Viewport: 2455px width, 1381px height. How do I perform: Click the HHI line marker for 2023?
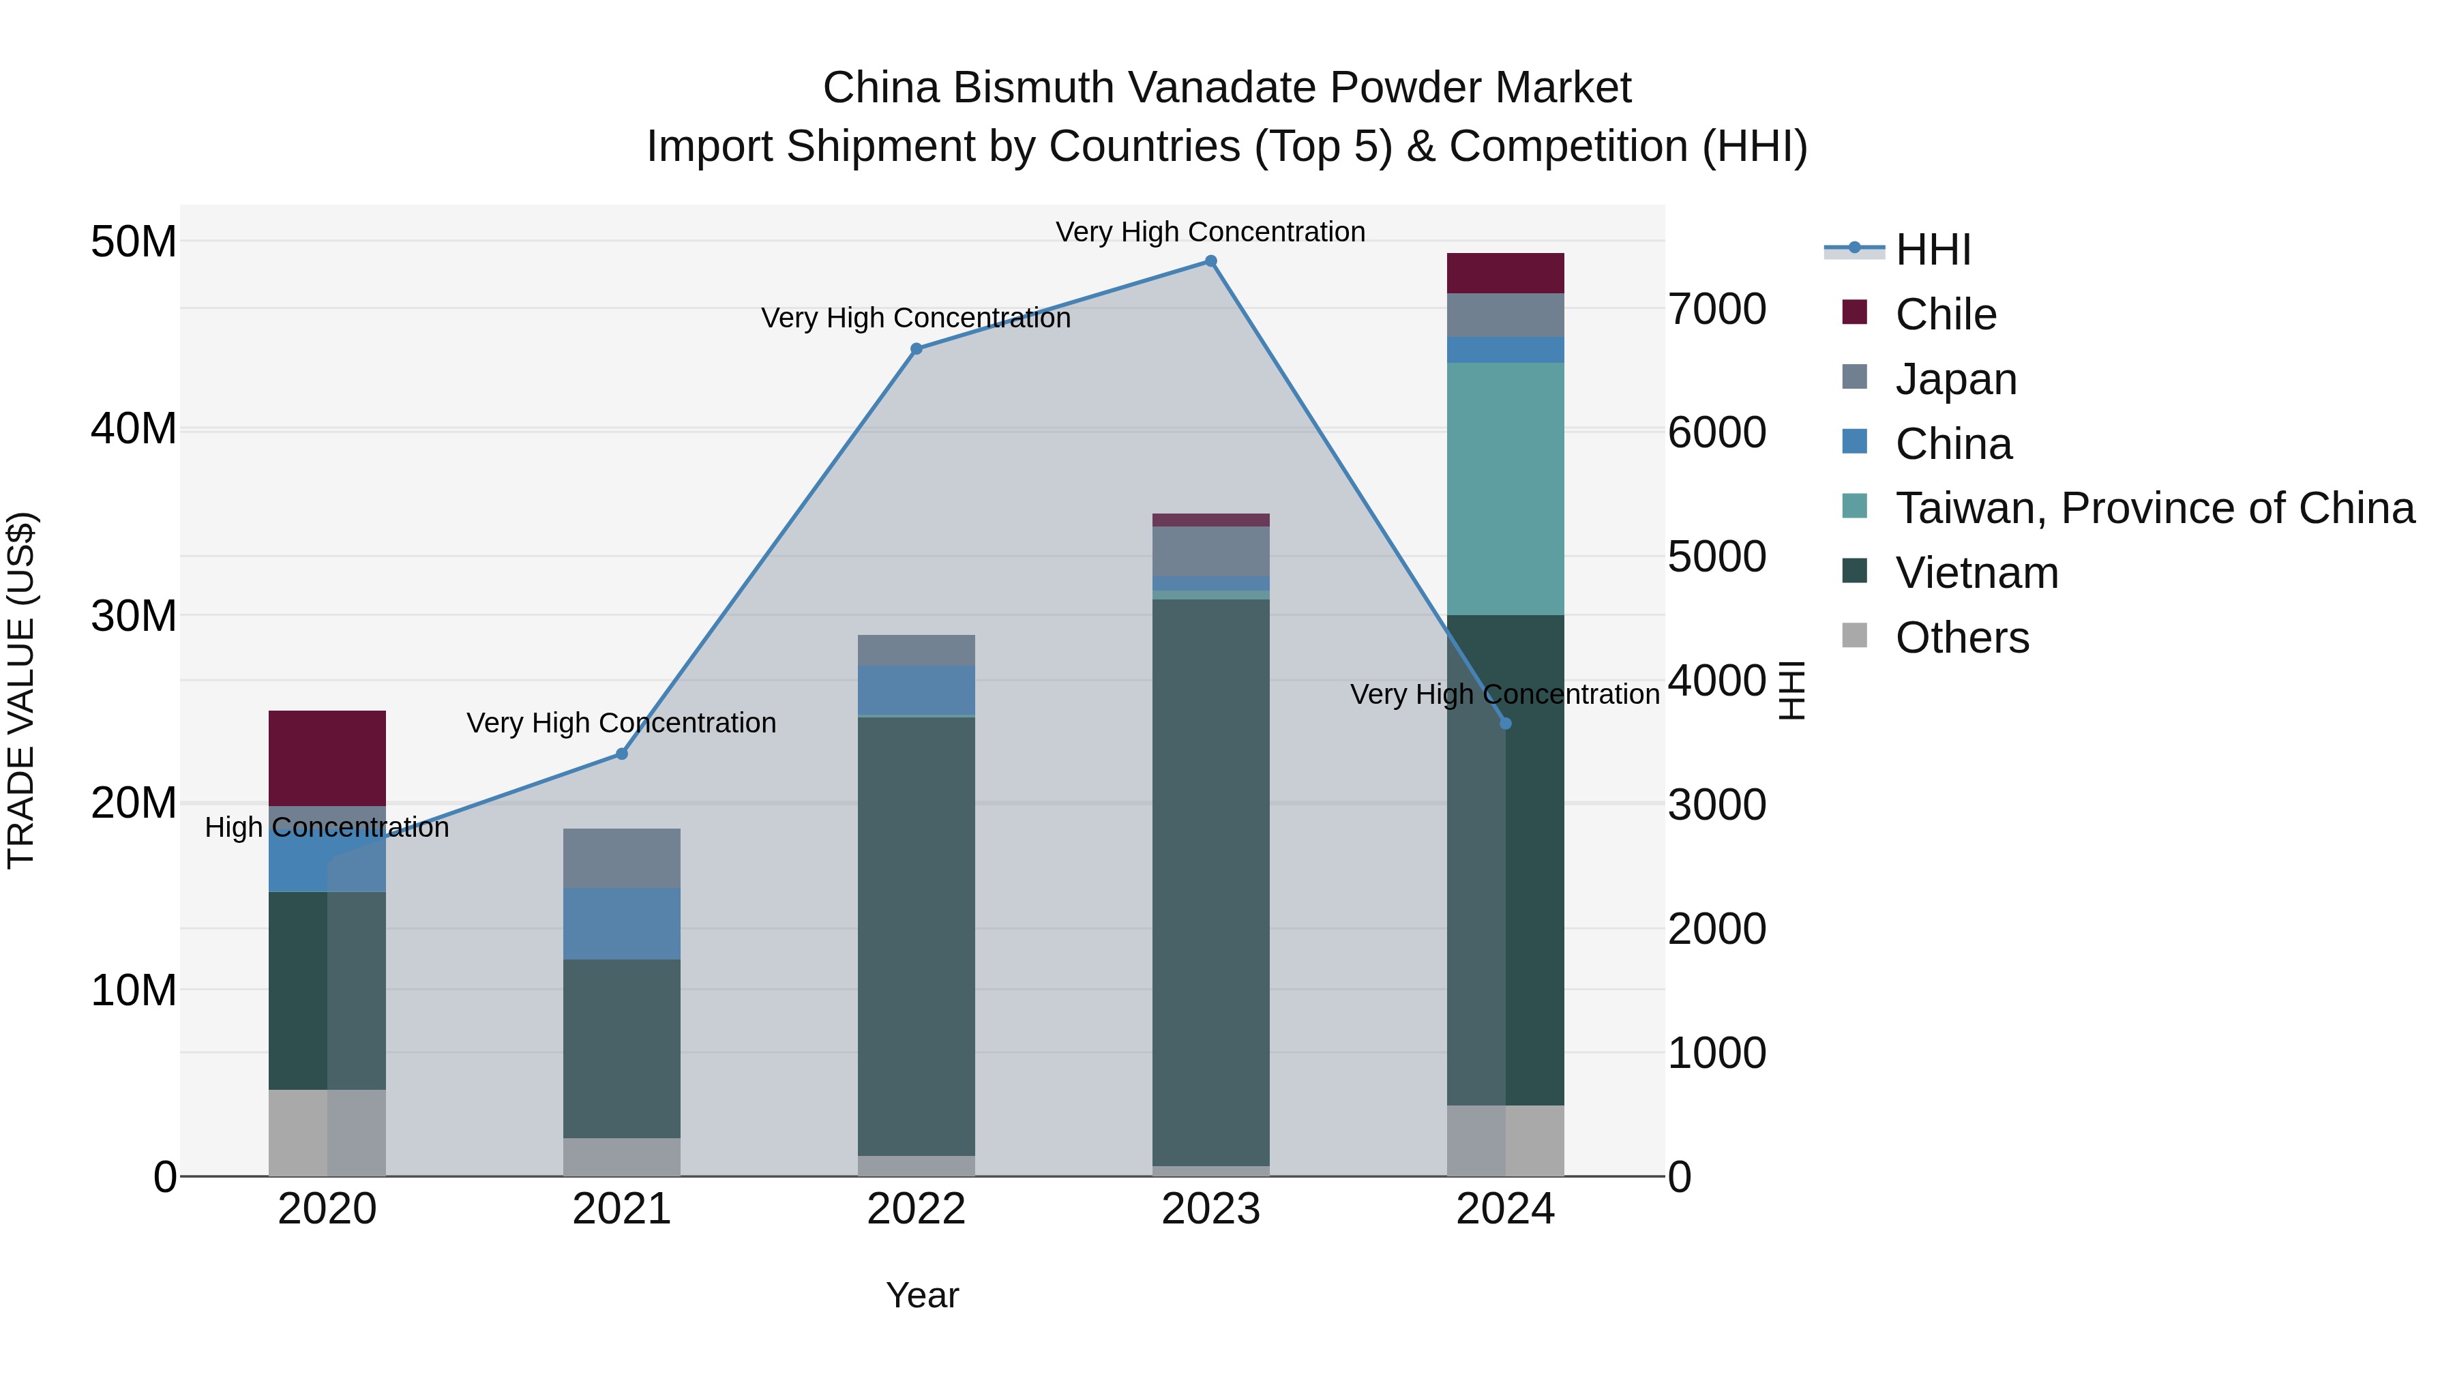1210,261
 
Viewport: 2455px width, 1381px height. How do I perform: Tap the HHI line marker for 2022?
916,348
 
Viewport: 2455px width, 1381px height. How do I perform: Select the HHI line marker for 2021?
621,754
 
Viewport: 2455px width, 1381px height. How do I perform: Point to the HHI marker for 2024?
1505,724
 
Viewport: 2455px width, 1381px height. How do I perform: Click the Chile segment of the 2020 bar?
327,758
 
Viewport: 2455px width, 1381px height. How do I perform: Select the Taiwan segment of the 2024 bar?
1505,488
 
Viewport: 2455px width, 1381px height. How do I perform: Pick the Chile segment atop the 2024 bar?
1505,273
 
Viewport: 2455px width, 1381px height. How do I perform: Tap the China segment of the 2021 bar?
621,923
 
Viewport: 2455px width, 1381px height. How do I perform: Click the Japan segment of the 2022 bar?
916,650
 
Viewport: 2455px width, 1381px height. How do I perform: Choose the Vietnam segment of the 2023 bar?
1210,882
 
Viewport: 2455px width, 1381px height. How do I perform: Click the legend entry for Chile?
1945,314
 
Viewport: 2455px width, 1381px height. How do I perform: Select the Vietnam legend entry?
1976,573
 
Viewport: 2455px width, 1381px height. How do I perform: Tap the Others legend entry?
1961,638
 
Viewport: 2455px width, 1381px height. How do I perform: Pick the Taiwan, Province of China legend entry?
2154,508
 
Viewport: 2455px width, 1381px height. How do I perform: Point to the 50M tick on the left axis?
134,242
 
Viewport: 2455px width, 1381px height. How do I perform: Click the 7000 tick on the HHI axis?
1716,309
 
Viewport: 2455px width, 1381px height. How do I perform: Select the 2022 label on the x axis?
916,1209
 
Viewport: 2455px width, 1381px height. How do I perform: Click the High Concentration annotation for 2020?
327,827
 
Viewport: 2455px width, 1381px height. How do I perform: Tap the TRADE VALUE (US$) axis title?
21,690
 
